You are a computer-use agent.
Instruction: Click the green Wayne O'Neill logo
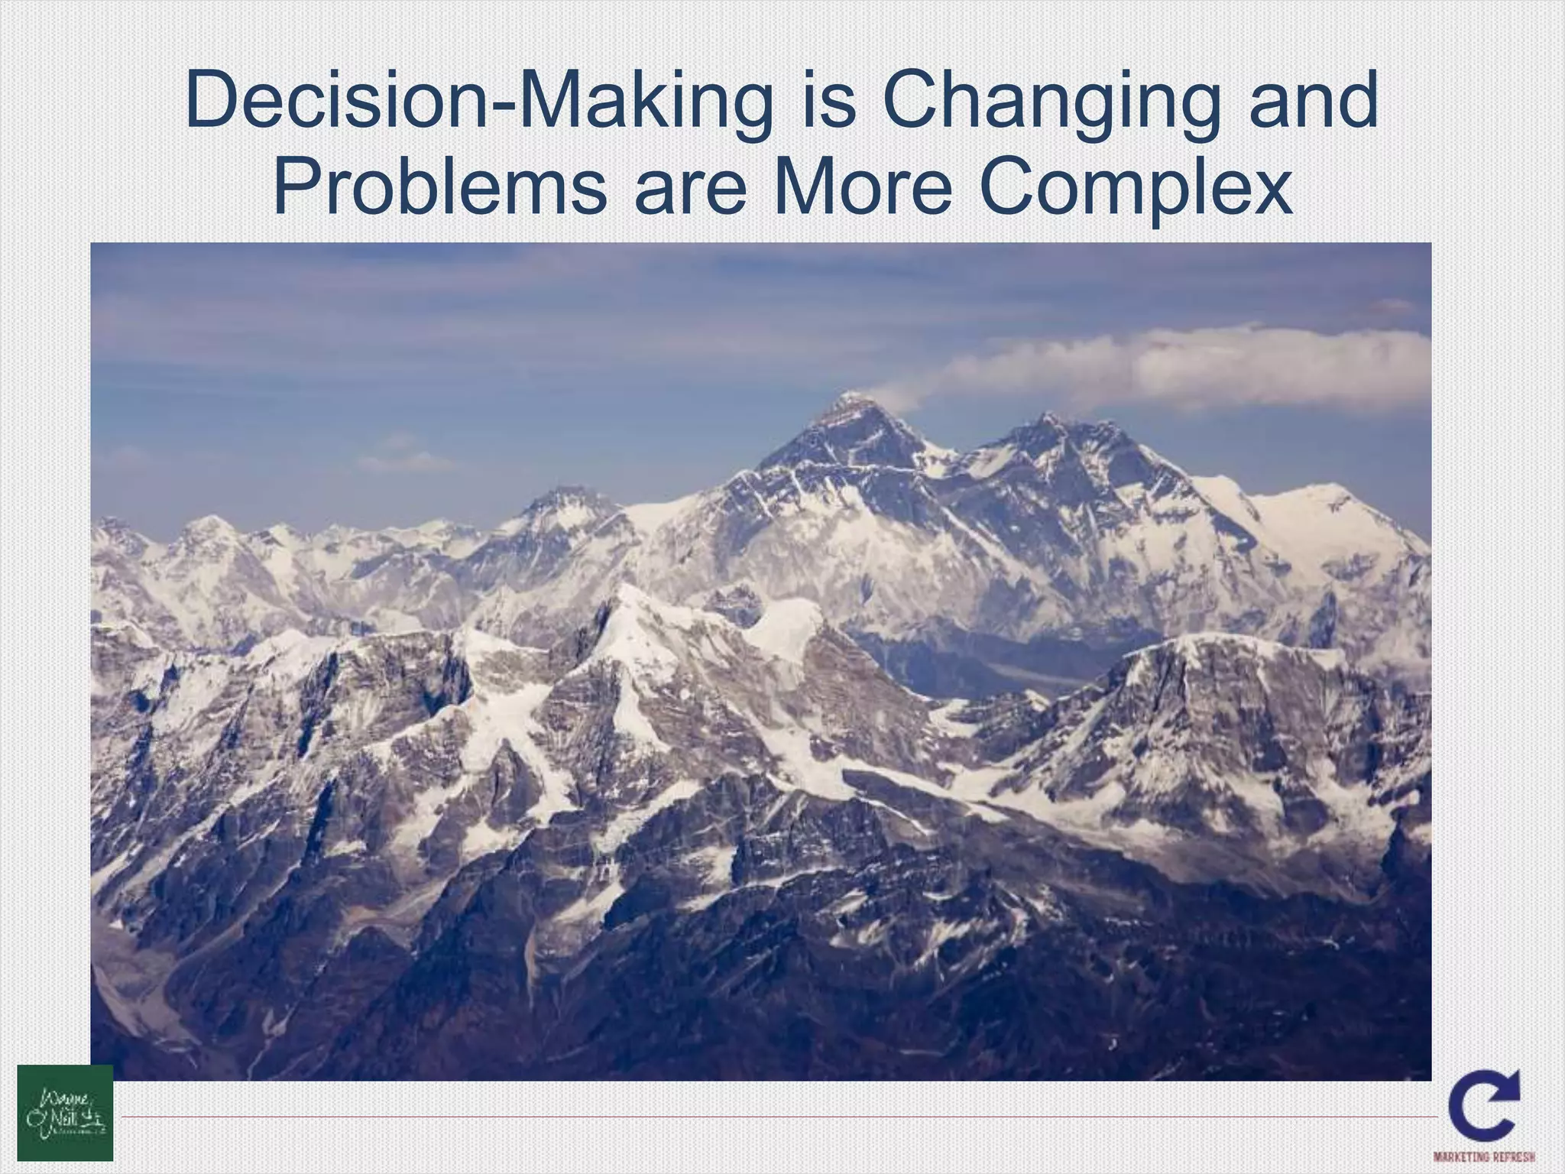pos(65,1112)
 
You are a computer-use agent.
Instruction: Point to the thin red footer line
pos(764,1117)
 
